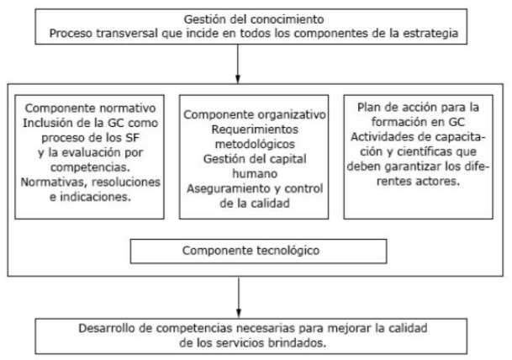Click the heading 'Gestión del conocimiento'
point(254,19)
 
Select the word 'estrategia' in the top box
point(430,34)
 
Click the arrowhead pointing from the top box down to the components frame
point(238,79)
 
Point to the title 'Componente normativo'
point(90,109)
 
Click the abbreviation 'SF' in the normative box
point(132,138)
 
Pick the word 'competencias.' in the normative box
point(90,167)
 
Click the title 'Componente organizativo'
point(255,114)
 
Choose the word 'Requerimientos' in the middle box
point(255,130)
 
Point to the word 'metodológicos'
point(255,145)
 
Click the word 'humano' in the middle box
point(255,174)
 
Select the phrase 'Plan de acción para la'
point(418,108)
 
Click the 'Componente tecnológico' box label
point(251,251)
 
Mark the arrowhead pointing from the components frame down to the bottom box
point(239,313)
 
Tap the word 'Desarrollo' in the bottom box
point(105,328)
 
